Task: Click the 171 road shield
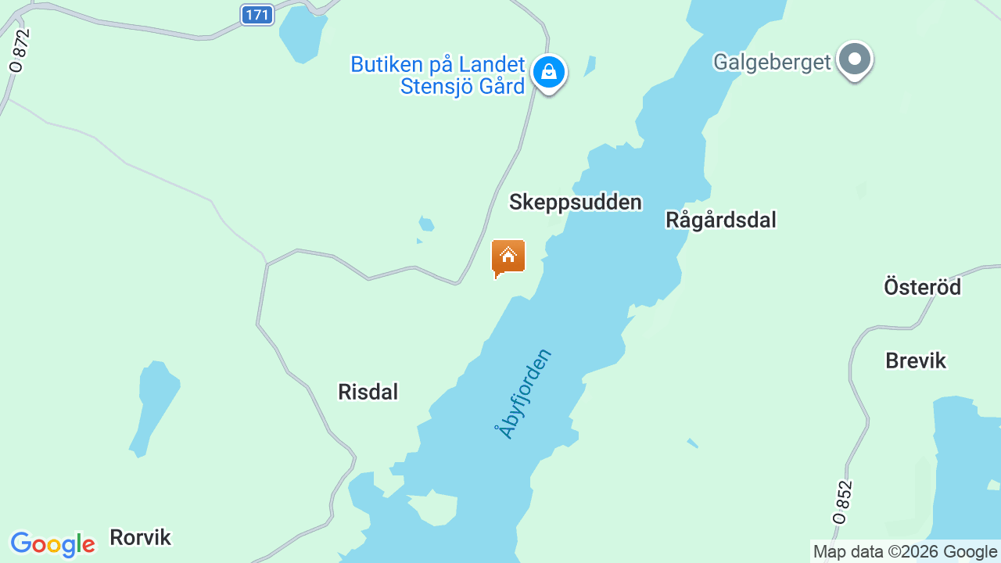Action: pos(257,15)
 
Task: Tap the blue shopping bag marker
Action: pos(549,73)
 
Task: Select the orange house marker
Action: pos(508,257)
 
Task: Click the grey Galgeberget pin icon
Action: pos(854,59)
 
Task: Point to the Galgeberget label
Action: pos(771,62)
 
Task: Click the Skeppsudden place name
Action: pos(575,202)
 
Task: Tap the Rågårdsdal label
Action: pos(720,220)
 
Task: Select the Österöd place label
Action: pos(922,287)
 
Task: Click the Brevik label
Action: pos(916,360)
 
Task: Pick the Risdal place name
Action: pos(368,392)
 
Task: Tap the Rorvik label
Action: pos(140,537)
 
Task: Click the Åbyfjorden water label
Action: pos(523,393)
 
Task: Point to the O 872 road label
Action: pos(20,51)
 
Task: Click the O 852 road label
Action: pos(842,501)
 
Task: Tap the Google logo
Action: pos(52,544)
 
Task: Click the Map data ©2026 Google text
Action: pos(905,552)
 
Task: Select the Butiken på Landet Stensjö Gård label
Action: pos(438,75)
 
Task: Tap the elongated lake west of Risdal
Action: pos(156,403)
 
